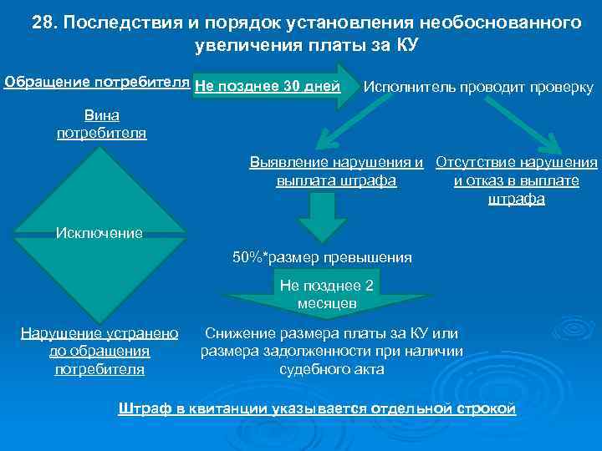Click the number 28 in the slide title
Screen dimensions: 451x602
[42, 21]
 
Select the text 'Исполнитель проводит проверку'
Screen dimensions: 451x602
[478, 87]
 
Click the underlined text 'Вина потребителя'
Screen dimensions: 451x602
[101, 125]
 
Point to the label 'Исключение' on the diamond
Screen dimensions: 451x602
[99, 232]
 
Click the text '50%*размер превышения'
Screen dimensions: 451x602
[322, 257]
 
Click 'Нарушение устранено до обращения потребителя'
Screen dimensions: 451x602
[99, 351]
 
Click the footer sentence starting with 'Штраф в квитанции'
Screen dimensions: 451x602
[318, 408]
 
